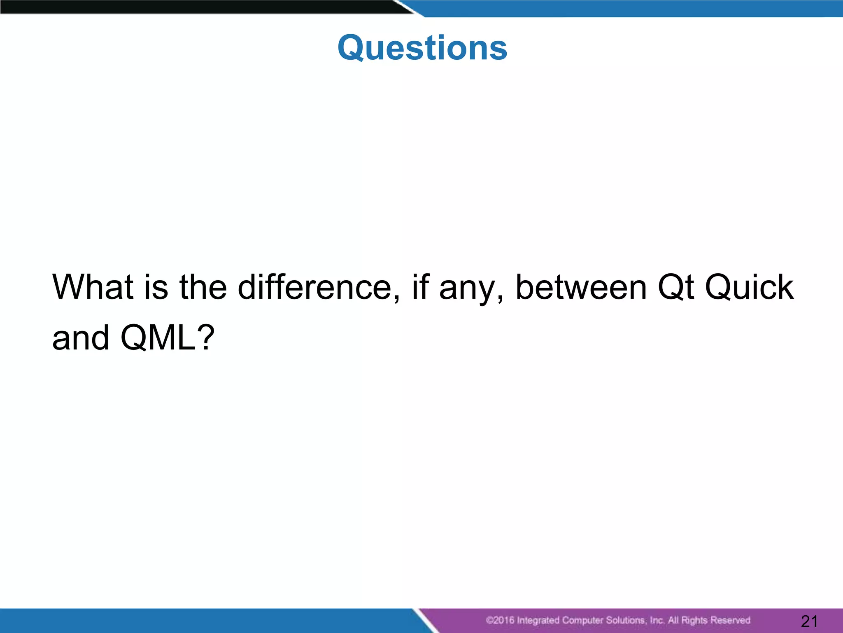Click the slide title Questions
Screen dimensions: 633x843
[422, 48]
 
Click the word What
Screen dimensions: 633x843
[93, 287]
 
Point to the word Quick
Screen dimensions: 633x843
[749, 287]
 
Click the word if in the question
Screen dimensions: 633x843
[421, 287]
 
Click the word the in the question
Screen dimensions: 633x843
[203, 287]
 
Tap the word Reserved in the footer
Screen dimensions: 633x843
[730, 620]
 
